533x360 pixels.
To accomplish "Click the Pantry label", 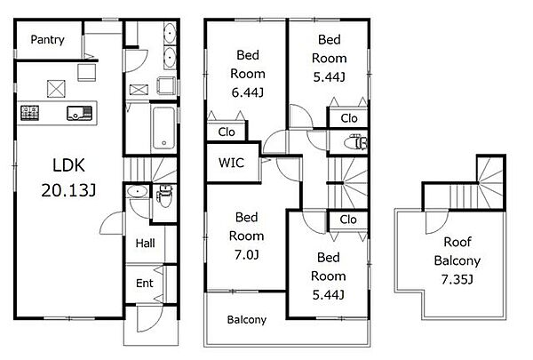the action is [x=47, y=39].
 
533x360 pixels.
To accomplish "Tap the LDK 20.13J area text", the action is [x=68, y=178].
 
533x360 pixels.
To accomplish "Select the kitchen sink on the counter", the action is [x=80, y=113].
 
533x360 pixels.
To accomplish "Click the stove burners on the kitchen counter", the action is [x=30, y=113].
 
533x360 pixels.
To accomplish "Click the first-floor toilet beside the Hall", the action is [x=164, y=196].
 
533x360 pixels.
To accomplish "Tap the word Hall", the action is [x=145, y=243].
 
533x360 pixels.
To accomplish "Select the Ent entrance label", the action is [x=145, y=283].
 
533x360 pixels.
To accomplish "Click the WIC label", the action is [x=231, y=163].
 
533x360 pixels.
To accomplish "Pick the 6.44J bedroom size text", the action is [x=248, y=92].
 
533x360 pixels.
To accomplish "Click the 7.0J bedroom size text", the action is [x=247, y=254].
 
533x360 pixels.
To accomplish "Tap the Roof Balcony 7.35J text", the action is [x=457, y=260].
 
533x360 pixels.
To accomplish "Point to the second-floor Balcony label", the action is [x=246, y=319].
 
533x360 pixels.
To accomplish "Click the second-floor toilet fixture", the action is [x=355, y=141].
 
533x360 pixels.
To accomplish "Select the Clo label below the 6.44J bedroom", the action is [x=227, y=132].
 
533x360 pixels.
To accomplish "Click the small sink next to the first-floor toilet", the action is [x=138, y=191].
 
